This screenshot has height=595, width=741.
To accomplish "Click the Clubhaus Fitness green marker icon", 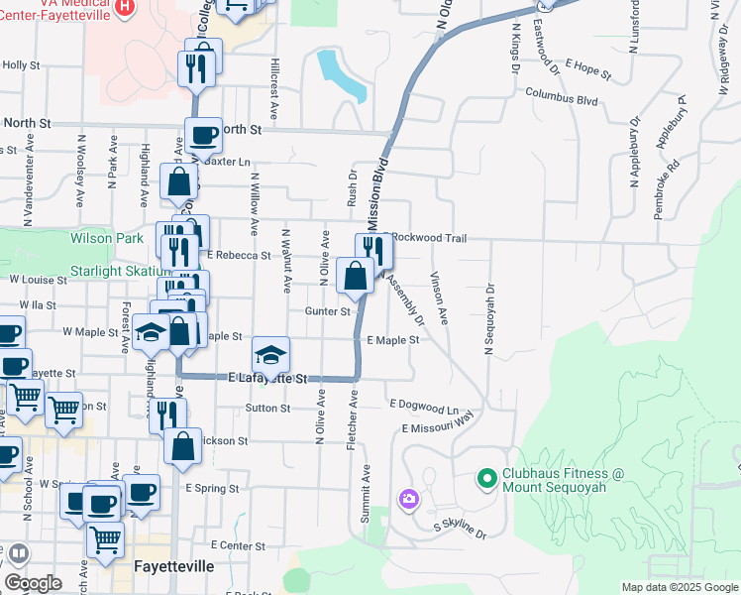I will coord(486,481).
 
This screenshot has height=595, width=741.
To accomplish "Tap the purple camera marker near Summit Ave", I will coord(408,499).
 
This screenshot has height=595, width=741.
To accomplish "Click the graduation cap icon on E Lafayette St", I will coord(271,354).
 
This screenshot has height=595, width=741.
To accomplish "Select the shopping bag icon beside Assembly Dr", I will coord(355,275).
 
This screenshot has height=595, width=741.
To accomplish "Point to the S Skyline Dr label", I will coord(461,530).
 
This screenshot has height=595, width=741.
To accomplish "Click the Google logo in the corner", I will coord(34,582).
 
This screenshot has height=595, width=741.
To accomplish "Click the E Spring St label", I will coord(212,489).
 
